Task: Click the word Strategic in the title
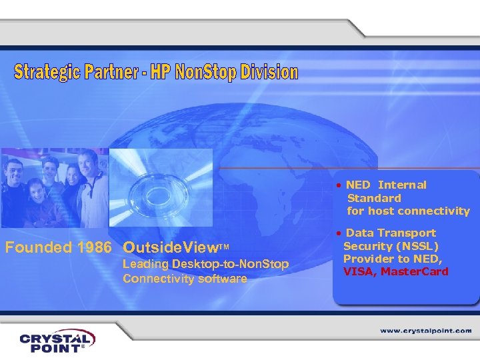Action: (47, 72)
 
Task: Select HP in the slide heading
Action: (161, 72)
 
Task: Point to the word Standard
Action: (374, 198)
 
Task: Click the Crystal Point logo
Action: (57, 341)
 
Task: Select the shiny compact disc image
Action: (160, 186)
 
